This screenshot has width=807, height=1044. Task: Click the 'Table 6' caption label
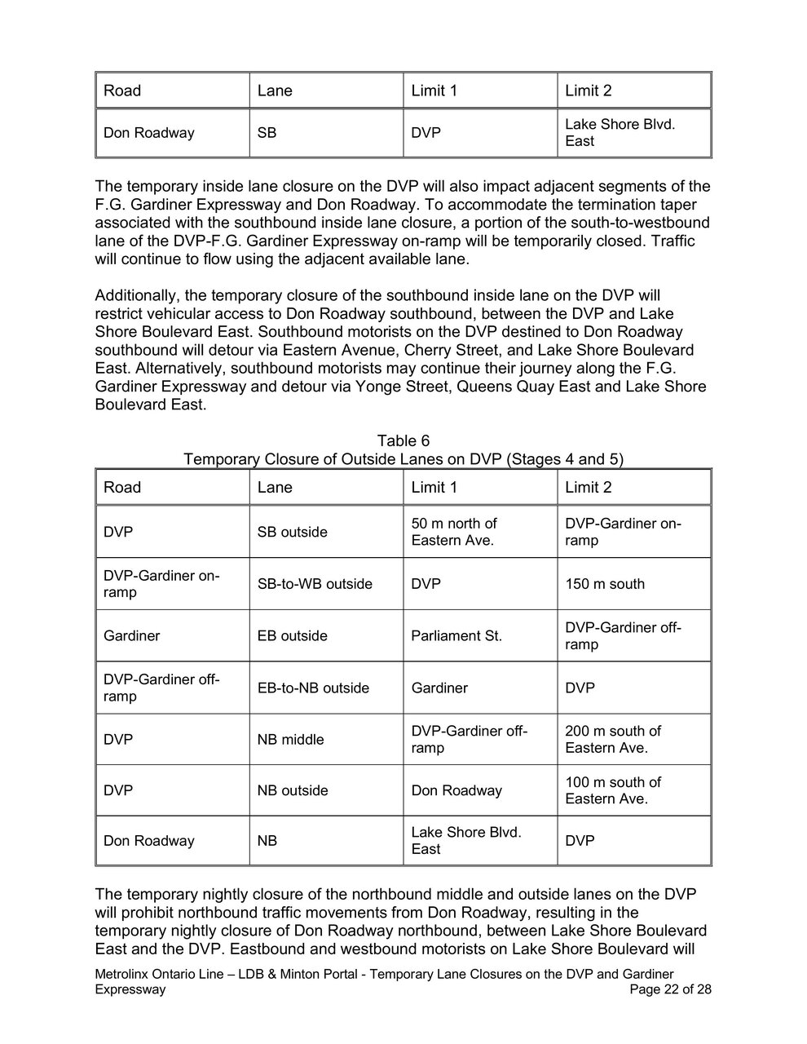click(403, 441)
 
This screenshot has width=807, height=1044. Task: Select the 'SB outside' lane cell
click(292, 532)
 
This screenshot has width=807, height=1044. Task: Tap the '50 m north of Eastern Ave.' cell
click(454, 532)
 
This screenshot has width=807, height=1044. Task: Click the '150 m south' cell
click(604, 584)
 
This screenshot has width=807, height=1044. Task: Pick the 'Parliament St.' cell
click(456, 635)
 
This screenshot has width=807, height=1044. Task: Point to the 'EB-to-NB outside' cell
click(313, 688)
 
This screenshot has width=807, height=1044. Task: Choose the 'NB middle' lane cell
click(290, 739)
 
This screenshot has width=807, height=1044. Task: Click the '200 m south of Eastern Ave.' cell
click(613, 739)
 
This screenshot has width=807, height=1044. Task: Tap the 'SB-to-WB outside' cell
click(315, 584)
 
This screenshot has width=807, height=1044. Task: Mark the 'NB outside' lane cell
click(293, 790)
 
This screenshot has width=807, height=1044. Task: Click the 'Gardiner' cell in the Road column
click(131, 635)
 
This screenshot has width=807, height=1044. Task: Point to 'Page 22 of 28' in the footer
click(671, 989)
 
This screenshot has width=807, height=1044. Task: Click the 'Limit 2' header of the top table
click(588, 91)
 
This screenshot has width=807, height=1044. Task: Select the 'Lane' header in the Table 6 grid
click(275, 487)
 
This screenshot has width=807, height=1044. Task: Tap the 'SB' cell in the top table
click(267, 132)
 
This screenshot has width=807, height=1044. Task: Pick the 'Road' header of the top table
click(122, 91)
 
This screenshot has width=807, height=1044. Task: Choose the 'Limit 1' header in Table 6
click(434, 487)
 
